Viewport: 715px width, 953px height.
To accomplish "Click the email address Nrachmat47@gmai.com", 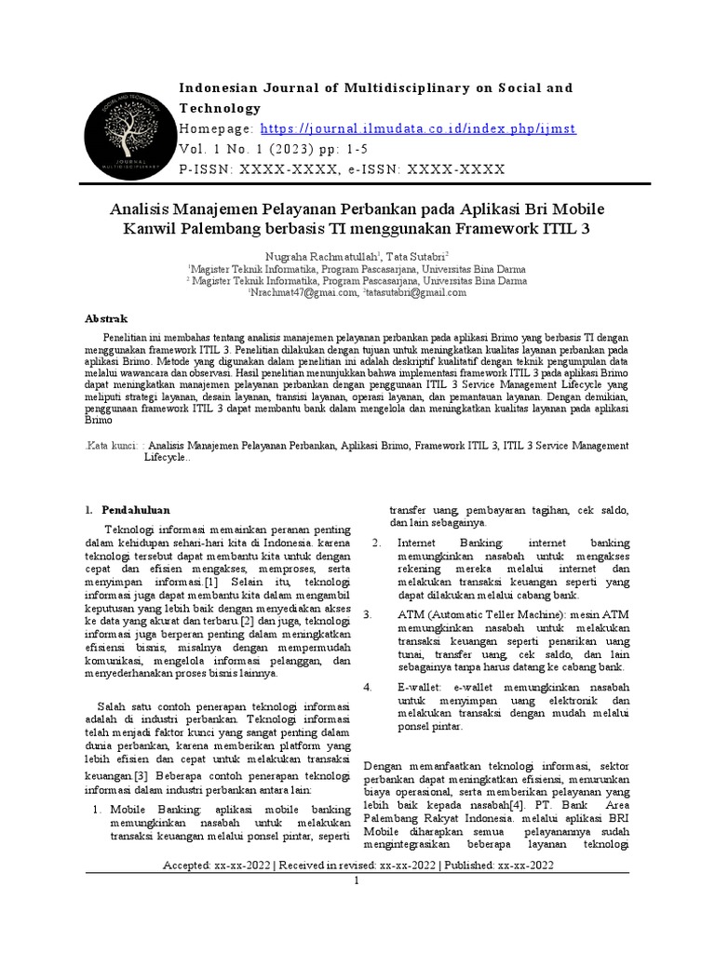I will click(303, 292).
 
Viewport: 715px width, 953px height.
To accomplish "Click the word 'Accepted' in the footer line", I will click(191, 866).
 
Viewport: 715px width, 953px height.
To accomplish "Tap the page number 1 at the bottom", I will click(357, 880).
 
